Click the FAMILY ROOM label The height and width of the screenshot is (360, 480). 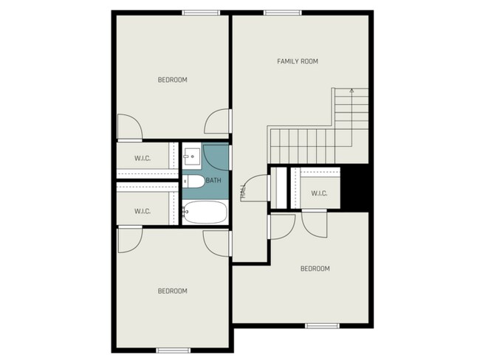[x=297, y=61]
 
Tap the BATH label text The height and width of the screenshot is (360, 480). [x=213, y=180]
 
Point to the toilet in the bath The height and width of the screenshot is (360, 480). [x=194, y=181]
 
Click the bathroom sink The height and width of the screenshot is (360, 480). [x=191, y=156]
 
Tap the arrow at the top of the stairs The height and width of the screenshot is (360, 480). [x=352, y=91]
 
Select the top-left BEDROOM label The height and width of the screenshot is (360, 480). [x=172, y=80]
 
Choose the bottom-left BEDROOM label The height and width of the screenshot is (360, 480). [x=172, y=291]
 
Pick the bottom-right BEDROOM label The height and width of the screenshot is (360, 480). [x=315, y=269]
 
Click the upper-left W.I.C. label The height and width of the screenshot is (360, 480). [x=143, y=159]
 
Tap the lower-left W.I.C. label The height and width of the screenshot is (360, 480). [x=143, y=212]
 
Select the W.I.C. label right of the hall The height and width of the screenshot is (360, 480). [x=319, y=193]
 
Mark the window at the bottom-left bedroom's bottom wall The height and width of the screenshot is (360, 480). [x=174, y=349]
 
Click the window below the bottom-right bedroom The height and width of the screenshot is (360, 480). [x=322, y=325]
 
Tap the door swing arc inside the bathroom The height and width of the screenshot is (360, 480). [x=216, y=158]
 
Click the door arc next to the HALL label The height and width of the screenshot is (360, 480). [x=254, y=186]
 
